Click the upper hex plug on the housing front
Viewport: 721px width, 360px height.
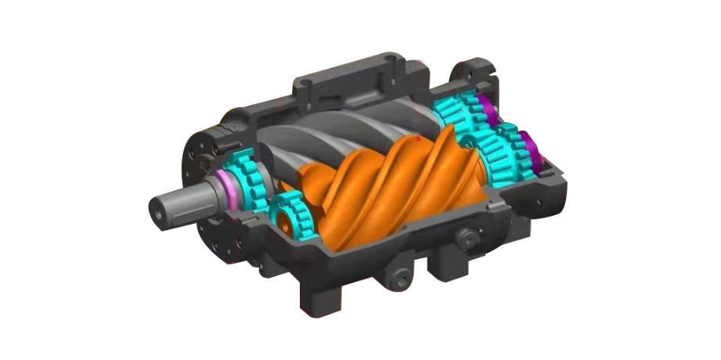click(x=468, y=239)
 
